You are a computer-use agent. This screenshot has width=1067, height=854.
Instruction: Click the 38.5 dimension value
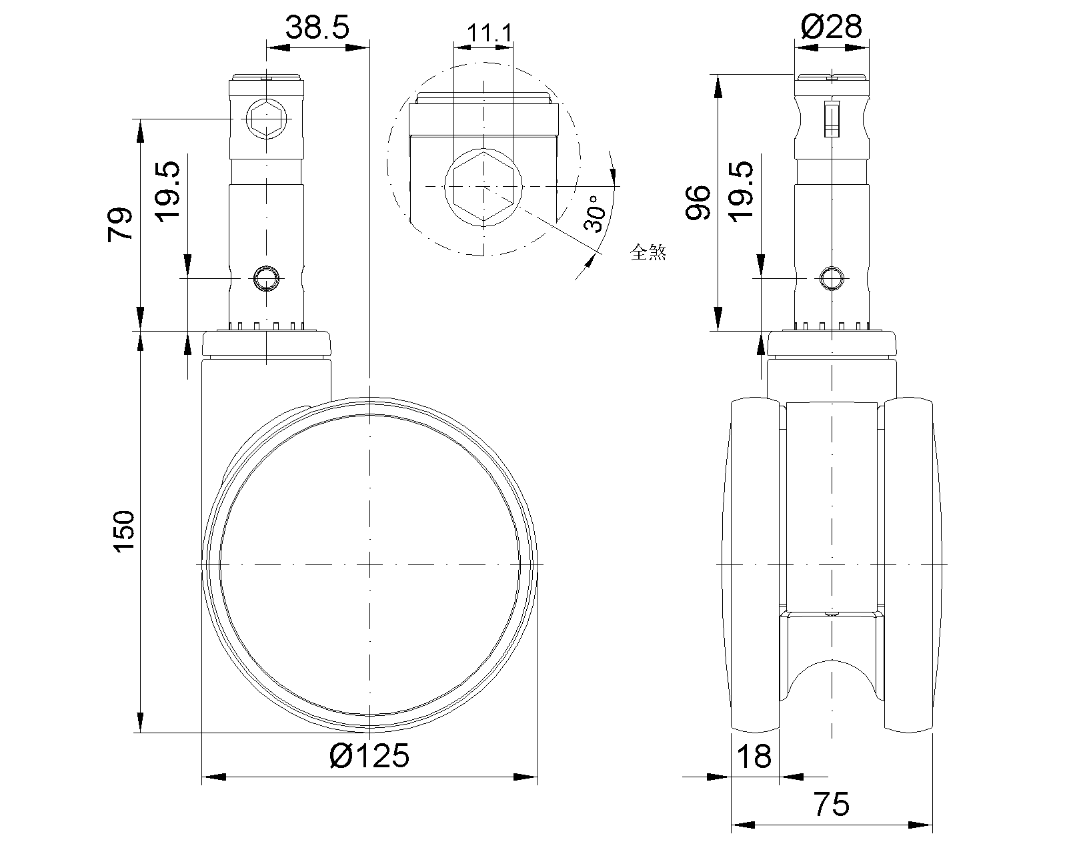[317, 27]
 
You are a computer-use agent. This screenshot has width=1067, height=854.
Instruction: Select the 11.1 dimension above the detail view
[489, 33]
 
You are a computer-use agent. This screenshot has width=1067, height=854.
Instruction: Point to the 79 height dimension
[121, 224]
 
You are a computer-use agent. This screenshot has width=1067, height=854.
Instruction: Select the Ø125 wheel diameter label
[369, 756]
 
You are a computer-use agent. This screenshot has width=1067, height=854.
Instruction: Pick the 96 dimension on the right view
[698, 202]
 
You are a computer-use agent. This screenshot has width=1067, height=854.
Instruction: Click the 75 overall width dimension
[832, 805]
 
